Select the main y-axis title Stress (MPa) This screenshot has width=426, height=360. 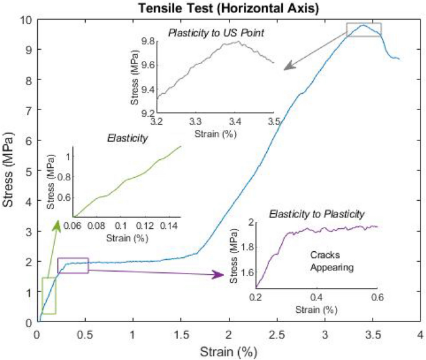pos(8,169)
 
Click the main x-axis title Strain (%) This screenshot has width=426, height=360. pos(228,352)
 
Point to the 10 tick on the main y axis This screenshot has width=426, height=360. pos(25,19)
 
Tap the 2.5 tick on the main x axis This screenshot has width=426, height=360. pos(277,335)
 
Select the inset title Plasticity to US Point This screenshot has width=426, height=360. pos(216,32)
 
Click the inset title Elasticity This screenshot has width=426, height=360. pos(127,138)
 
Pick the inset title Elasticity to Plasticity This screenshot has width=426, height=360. pos(317,215)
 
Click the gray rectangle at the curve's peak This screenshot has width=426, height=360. pos(364,29)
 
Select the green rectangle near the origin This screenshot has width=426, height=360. pos(49,295)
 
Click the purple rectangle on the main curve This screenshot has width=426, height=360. pos(73,265)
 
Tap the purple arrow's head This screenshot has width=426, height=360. pos(221,274)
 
